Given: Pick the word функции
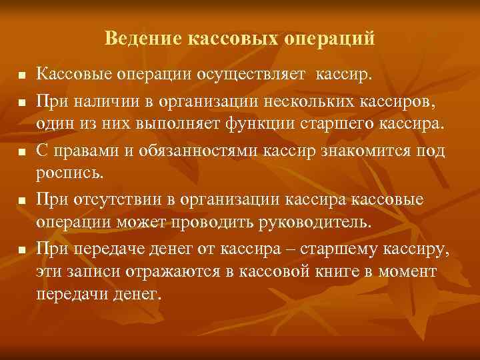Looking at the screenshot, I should (x=260, y=125).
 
